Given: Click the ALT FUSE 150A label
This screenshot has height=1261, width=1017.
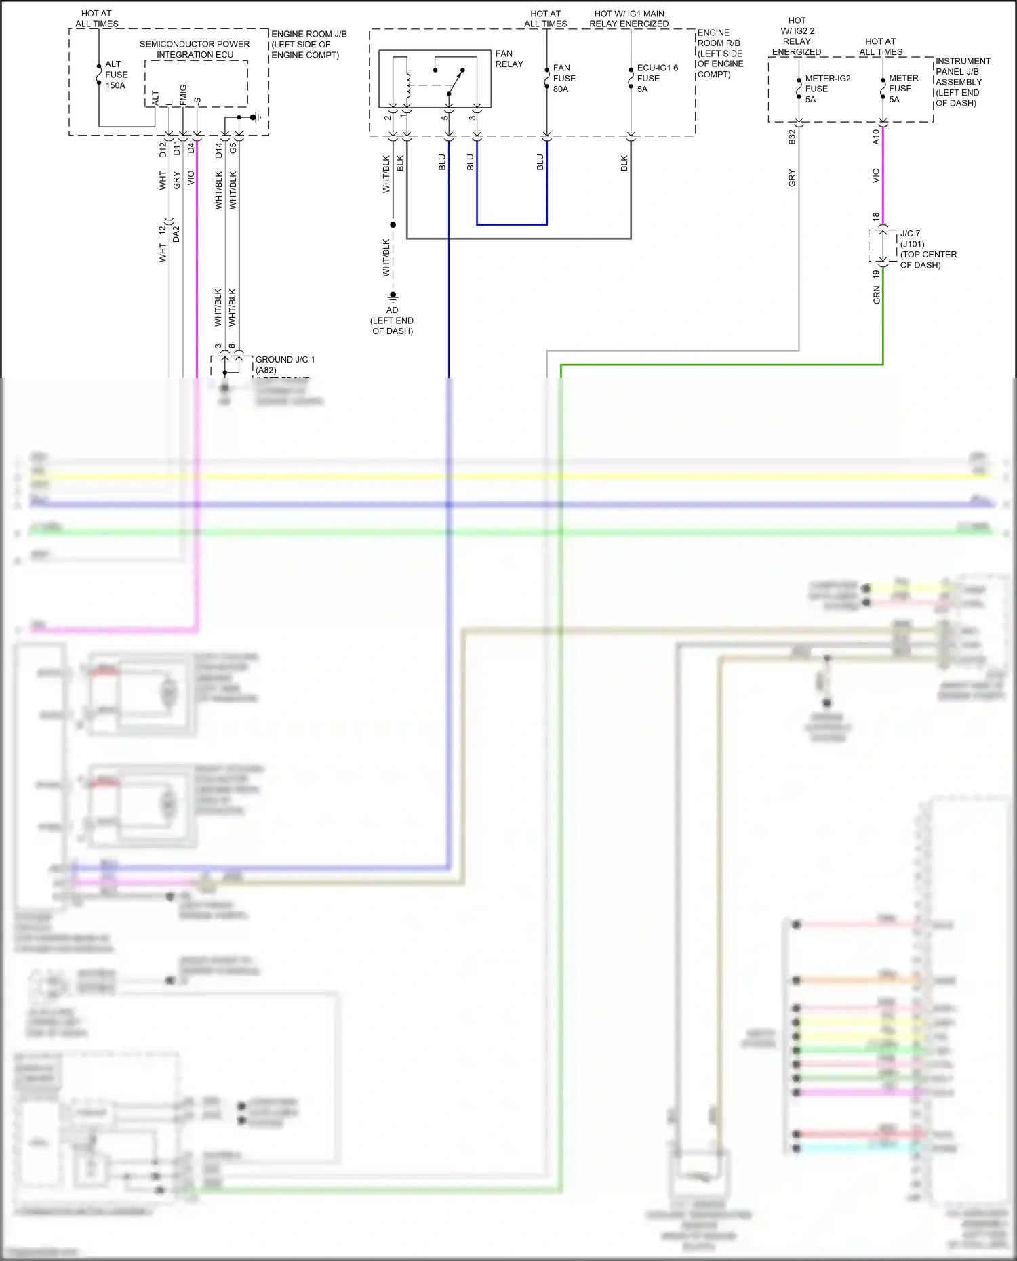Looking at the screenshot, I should [x=116, y=75].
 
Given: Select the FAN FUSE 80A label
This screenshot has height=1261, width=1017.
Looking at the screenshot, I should [x=563, y=79].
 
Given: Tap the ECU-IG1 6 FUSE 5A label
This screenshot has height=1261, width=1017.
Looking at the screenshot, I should [x=656, y=79].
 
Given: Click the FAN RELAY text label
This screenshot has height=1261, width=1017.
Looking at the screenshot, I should [x=509, y=59].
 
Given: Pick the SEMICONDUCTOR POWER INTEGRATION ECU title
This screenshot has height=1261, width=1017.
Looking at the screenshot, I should [x=195, y=49].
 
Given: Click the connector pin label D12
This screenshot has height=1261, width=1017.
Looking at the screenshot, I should [x=163, y=150].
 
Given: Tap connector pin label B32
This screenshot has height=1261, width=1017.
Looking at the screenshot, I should [x=792, y=138].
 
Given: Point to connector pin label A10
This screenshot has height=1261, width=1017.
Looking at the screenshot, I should [x=875, y=138].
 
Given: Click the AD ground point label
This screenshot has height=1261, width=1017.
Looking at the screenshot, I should [x=393, y=310].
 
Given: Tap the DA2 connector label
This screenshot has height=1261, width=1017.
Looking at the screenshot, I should [x=176, y=234].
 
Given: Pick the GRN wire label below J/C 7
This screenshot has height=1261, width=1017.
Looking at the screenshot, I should [x=876, y=295].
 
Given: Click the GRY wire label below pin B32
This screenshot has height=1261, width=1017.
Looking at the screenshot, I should [x=792, y=179].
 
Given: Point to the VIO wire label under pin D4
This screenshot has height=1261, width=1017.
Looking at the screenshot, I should [x=191, y=178].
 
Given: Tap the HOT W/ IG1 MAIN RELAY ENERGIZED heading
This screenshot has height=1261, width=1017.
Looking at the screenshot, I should [x=629, y=18].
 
